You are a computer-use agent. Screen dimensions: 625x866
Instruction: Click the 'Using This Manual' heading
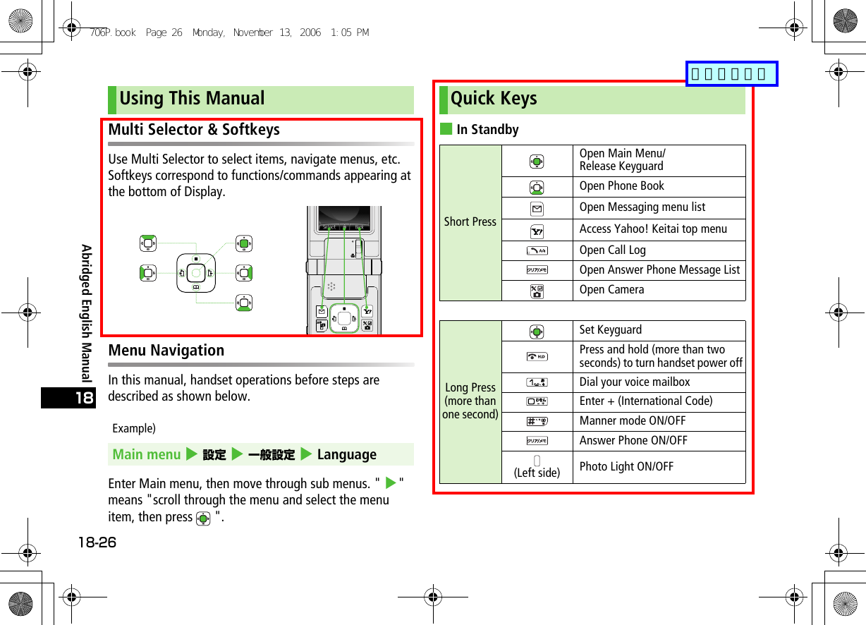tap(192, 99)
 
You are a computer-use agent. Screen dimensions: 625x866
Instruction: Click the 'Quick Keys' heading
tap(494, 99)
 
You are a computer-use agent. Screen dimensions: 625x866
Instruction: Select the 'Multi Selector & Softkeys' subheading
tap(194, 130)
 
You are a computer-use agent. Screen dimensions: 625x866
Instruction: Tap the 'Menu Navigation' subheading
tap(166, 351)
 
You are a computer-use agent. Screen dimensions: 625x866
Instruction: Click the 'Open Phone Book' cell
tap(621, 186)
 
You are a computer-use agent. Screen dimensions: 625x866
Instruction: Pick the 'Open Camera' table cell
tap(611, 290)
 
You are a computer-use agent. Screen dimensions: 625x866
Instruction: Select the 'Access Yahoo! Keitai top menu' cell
tap(653, 229)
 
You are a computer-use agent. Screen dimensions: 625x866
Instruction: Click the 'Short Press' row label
tap(470, 222)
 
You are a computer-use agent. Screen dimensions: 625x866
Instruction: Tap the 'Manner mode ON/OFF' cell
tap(632, 421)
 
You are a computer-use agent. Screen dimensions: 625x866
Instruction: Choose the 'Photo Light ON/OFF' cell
tap(626, 466)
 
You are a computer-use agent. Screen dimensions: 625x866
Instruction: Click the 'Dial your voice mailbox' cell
tap(635, 382)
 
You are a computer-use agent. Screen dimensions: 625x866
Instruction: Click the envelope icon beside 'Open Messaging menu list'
tap(537, 208)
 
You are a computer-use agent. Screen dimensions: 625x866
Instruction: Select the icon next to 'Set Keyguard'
tap(537, 331)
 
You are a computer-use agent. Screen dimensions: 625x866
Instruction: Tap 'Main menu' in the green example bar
tap(147, 455)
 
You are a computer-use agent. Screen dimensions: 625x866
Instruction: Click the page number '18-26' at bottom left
tap(97, 542)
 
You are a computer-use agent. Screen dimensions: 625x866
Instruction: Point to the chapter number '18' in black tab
tap(83, 398)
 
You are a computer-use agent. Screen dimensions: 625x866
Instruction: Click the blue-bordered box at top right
tap(731, 73)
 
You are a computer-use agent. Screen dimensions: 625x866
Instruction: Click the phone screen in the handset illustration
tap(344, 217)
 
